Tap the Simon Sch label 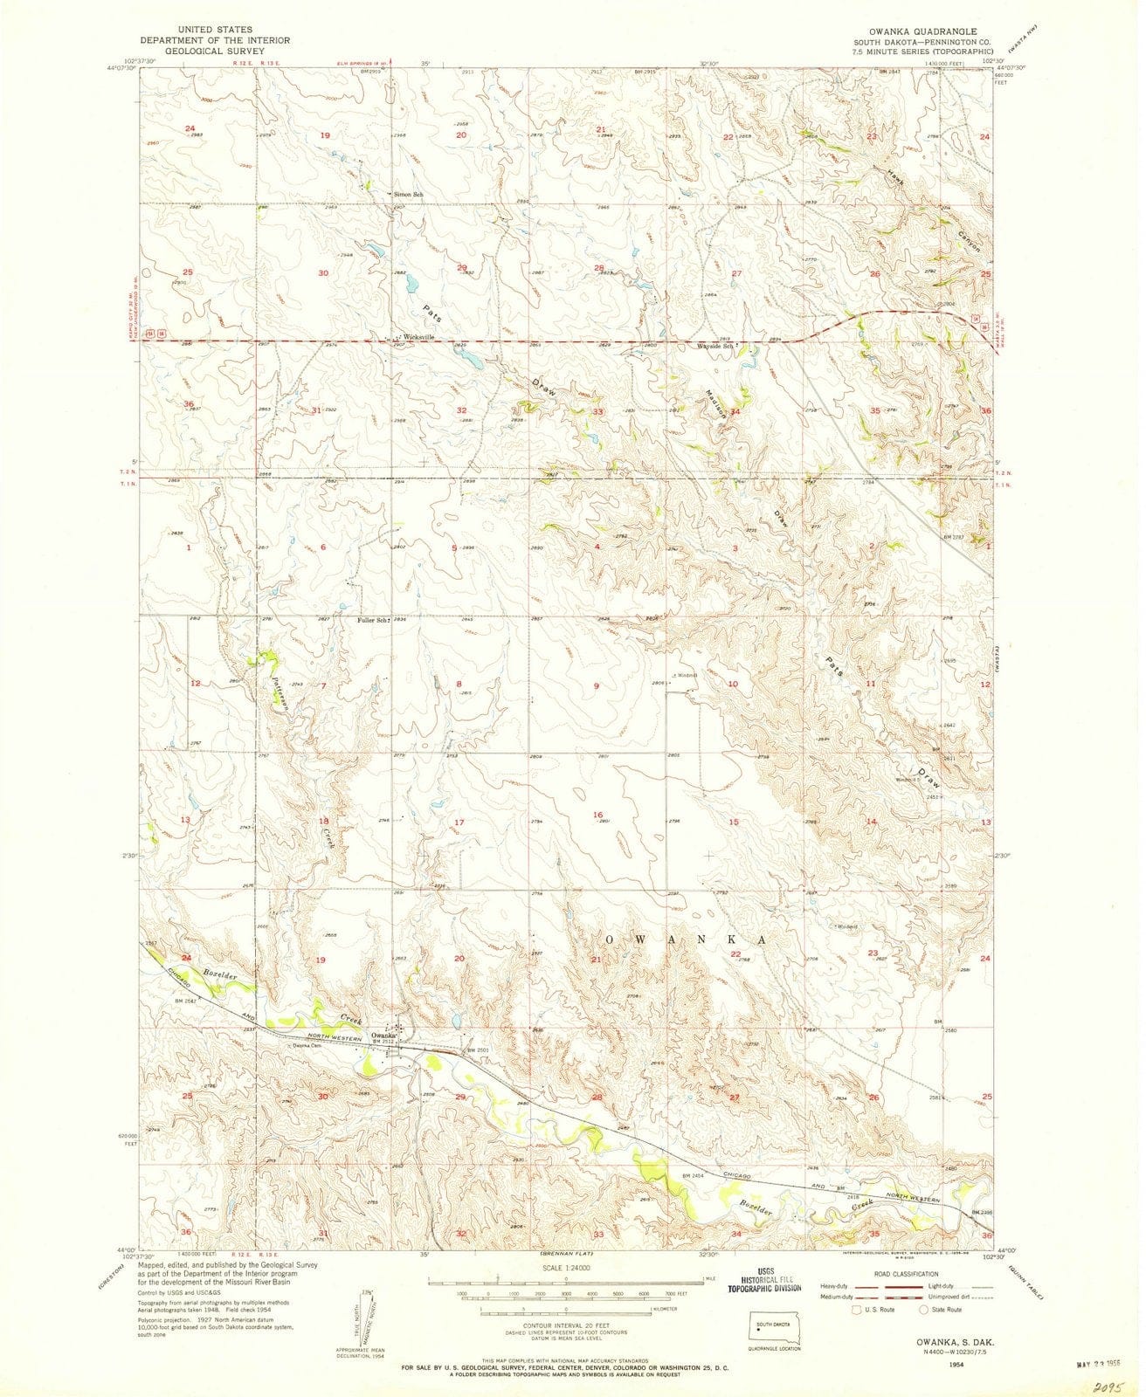pos(408,194)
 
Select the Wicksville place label pos(418,337)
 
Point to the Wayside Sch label pos(717,347)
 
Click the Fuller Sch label pos(372,620)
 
